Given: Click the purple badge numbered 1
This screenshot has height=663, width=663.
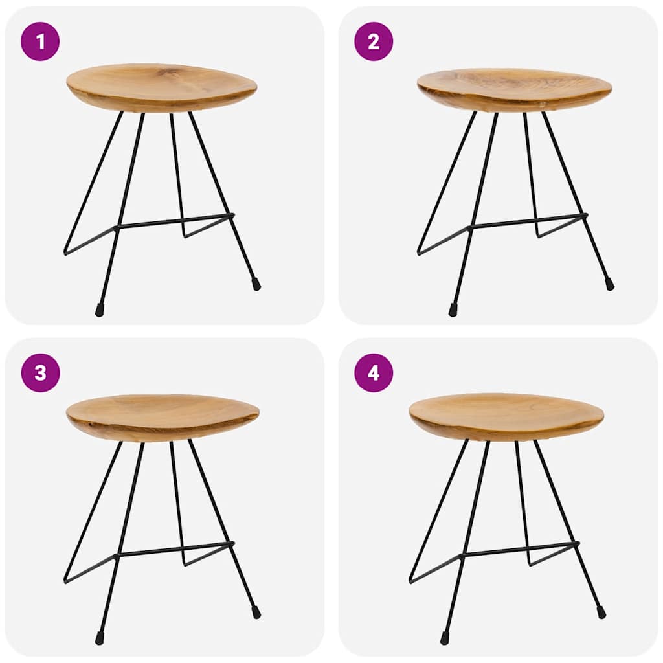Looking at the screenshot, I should click(40, 41).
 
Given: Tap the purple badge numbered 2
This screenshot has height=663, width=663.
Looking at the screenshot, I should click(374, 41).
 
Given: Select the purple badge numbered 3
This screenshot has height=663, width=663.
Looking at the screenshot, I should click(40, 373).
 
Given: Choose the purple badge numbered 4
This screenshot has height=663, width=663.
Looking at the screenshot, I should click(374, 373).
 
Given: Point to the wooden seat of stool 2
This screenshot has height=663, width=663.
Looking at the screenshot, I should click(514, 89).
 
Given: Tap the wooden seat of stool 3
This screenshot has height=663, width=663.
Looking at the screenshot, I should click(162, 416).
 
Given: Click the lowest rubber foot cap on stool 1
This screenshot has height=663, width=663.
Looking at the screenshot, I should click(100, 310).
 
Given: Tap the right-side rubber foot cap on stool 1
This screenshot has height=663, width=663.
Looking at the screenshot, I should click(256, 284).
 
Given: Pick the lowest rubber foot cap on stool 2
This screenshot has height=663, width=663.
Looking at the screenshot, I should click(453, 310).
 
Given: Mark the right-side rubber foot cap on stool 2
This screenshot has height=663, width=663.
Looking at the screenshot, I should click(609, 284).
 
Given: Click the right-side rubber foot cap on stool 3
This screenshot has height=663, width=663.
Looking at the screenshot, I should click(256, 611).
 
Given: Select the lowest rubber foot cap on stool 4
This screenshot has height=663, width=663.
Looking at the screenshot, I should click(445, 638).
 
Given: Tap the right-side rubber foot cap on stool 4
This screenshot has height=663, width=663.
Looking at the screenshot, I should click(601, 611).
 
